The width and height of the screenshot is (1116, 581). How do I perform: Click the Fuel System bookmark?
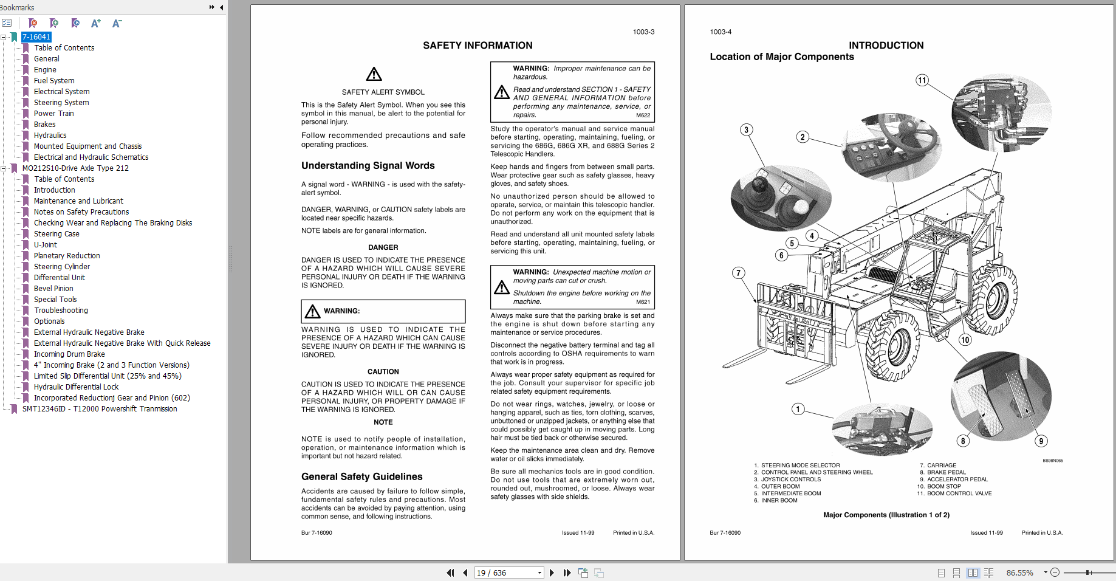pos(54,81)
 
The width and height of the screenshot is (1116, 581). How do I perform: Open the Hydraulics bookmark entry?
pos(50,136)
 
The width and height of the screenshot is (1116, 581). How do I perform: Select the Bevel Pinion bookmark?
pos(53,289)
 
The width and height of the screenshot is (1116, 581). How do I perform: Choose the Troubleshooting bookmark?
pos(61,311)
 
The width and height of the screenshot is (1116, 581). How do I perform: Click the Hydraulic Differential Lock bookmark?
pos(76,387)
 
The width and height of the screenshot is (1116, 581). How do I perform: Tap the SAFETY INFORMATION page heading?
pos(478,46)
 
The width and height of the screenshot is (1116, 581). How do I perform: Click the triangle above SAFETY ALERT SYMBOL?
pos(374,75)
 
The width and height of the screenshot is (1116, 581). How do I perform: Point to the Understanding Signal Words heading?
pos(368,166)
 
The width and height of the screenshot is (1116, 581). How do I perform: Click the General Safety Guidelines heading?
pos(361,477)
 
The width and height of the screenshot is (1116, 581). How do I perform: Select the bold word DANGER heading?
pos(383,247)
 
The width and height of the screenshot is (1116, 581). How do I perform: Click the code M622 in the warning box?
pos(643,115)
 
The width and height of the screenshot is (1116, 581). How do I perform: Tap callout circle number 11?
pos(922,80)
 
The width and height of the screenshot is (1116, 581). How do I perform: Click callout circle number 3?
pos(746,129)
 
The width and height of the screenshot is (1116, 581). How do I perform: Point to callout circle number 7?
pos(738,273)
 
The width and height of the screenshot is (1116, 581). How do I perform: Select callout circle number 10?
pos(965,340)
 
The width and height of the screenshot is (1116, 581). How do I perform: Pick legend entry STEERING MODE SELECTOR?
pos(800,466)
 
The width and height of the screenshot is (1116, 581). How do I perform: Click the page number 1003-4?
pos(721,32)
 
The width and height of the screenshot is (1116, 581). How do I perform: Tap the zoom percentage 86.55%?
pos(1019,572)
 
